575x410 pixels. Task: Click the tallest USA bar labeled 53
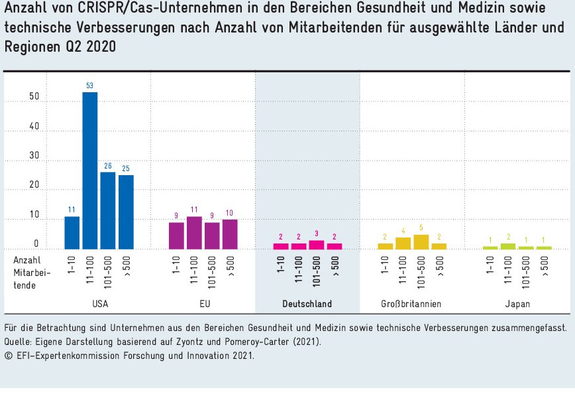pyautogui.click(x=90, y=171)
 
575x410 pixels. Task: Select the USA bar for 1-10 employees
pyautogui.click(x=72, y=233)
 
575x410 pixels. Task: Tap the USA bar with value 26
pyautogui.click(x=108, y=210)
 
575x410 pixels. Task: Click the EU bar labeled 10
pyautogui.click(x=230, y=234)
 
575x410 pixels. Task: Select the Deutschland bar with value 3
pyautogui.click(x=317, y=245)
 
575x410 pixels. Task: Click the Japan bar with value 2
pyautogui.click(x=508, y=246)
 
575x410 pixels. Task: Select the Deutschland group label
pyautogui.click(x=307, y=304)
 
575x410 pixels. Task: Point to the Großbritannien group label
pyautogui.click(x=411, y=304)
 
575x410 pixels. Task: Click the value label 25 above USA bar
pyautogui.click(x=126, y=169)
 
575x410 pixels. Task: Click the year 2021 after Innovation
pyautogui.click(x=242, y=355)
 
